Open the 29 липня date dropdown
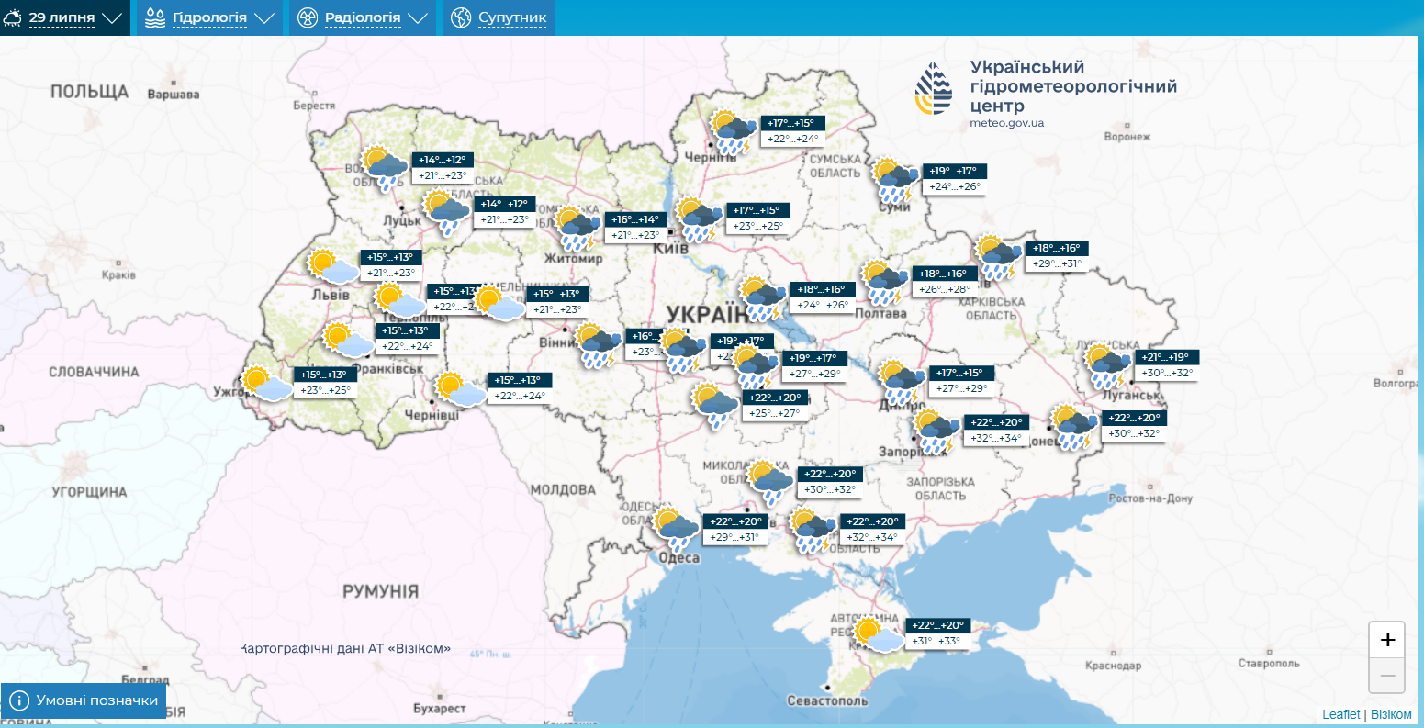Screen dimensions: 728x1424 (x=64, y=17)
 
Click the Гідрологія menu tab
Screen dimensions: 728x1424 (x=209, y=17)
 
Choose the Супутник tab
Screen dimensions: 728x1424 (x=500, y=17)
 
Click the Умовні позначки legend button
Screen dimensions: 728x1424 (x=84, y=701)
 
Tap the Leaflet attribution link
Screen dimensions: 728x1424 (x=1341, y=714)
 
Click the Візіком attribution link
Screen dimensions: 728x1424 (x=1392, y=714)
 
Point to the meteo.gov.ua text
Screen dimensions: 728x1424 (x=1006, y=123)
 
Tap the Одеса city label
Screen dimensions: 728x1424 (x=678, y=558)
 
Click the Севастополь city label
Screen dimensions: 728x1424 (x=827, y=700)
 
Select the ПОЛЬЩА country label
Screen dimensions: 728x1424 (x=89, y=91)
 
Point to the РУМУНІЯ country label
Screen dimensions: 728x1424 (x=380, y=591)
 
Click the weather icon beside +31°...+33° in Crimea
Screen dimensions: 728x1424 (x=877, y=634)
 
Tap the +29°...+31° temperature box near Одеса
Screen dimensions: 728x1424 (x=735, y=537)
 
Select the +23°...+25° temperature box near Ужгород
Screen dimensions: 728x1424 (x=325, y=390)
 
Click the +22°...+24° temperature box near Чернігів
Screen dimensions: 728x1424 (x=793, y=140)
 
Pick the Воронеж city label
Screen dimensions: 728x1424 (x=1127, y=137)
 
